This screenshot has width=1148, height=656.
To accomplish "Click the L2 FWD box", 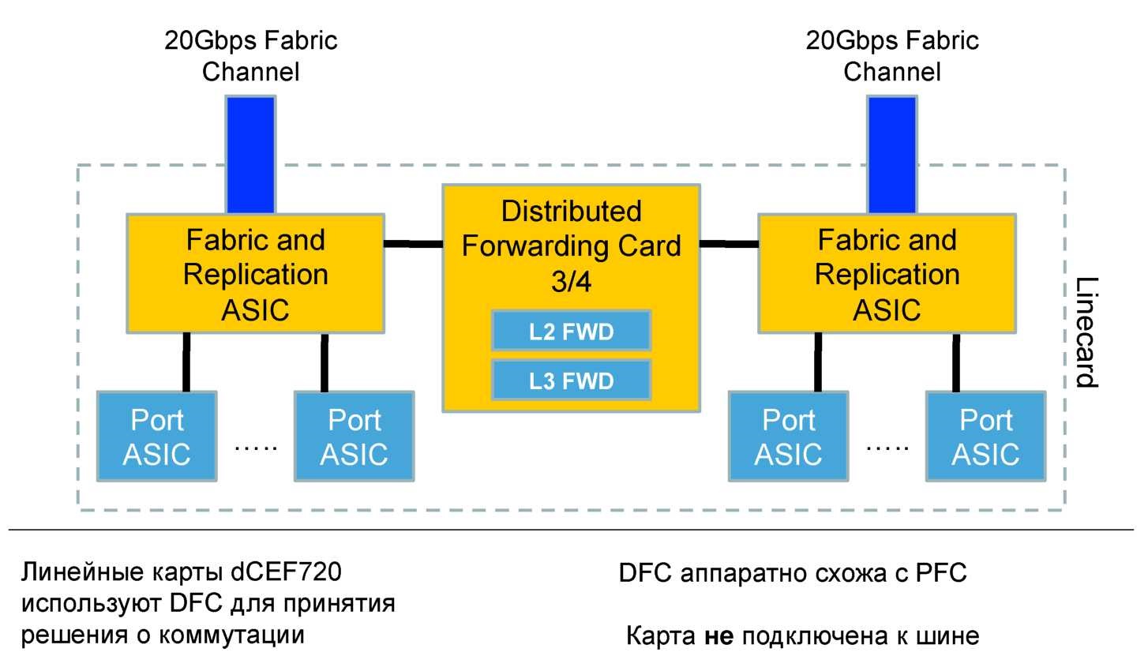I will point(571,332).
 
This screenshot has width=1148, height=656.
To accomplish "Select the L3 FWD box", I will point(571,380).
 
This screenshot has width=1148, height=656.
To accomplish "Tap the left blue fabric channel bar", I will point(250,154).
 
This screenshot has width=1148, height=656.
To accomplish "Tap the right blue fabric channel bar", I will point(891,154).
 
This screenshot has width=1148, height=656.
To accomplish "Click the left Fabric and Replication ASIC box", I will point(256,273).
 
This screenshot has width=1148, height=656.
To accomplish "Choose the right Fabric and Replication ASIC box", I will point(887,273).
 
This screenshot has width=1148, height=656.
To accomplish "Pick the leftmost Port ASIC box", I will point(156,437).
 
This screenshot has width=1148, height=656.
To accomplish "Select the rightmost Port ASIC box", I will point(985,437).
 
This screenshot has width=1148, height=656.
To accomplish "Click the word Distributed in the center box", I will point(571,212).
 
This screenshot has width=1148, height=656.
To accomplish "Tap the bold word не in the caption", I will point(717,635).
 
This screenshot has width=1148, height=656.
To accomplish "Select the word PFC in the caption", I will point(940,573).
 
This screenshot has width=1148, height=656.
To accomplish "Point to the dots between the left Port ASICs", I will point(256,448).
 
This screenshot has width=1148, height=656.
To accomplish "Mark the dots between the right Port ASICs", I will point(887,448).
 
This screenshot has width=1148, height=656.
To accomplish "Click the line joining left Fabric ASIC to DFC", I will point(413,244).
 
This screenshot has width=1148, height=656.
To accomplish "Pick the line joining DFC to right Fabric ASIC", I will point(729,244).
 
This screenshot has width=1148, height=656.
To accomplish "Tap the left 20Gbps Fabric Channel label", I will point(250,55).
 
